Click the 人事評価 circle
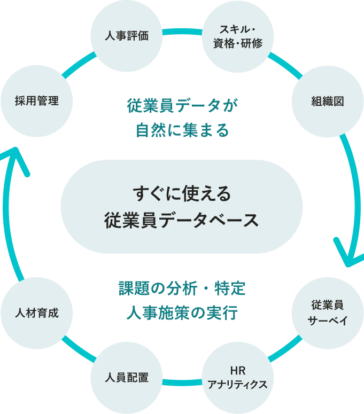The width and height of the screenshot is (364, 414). [126, 36]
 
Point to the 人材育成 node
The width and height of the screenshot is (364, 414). [36, 313]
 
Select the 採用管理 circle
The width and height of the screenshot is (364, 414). [36, 100]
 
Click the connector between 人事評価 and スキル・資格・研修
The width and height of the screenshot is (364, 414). [182, 32]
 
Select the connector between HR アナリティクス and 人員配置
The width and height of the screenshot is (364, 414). [182, 382]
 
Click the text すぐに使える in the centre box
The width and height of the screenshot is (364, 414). [182, 193]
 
